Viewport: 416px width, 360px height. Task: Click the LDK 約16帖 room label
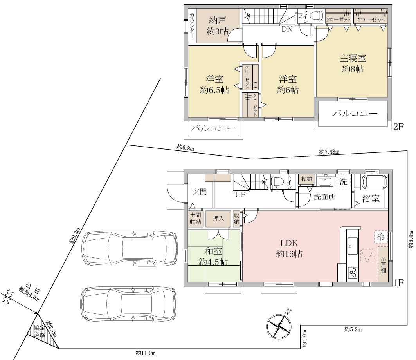pyautogui.click(x=289, y=248)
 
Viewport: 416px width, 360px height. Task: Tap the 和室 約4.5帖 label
pyautogui.click(x=213, y=257)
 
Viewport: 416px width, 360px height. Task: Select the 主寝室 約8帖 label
pyautogui.click(x=353, y=63)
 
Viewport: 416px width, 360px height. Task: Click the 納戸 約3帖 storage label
pyautogui.click(x=217, y=26)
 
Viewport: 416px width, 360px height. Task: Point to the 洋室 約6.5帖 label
pyautogui.click(x=214, y=85)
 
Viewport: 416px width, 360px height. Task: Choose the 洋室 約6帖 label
pyautogui.click(x=288, y=85)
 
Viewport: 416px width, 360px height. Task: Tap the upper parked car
pyautogui.click(x=129, y=248)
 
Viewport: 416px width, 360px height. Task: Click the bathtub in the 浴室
pyautogui.click(x=375, y=182)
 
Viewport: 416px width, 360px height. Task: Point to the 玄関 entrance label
pyautogui.click(x=200, y=192)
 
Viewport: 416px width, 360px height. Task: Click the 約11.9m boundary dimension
pyautogui.click(x=146, y=353)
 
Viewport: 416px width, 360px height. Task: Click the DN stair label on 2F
pyautogui.click(x=287, y=29)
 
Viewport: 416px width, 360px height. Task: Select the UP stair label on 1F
pyautogui.click(x=240, y=195)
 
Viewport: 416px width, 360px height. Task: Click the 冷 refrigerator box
pyautogui.click(x=381, y=237)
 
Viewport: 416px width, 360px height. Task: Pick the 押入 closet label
pyautogui.click(x=218, y=218)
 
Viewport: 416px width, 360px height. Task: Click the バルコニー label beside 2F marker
pyautogui.click(x=355, y=114)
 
